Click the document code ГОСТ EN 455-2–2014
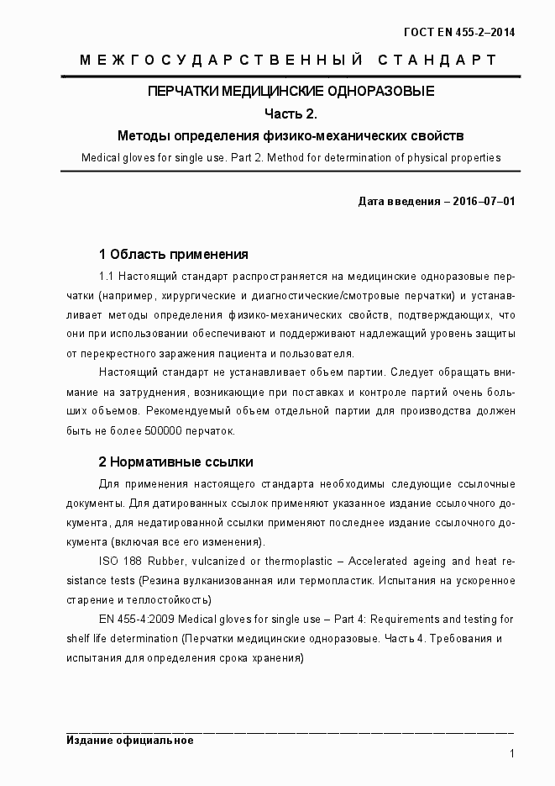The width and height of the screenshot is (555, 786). click(459, 33)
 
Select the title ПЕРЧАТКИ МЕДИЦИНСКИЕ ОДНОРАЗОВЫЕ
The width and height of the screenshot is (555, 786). click(291, 92)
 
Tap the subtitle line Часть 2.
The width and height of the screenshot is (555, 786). click(291, 113)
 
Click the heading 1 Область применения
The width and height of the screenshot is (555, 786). click(174, 254)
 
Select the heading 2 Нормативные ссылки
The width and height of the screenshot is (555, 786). click(175, 462)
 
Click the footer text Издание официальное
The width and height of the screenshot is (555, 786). click(130, 741)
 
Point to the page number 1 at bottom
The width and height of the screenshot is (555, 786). click(511, 754)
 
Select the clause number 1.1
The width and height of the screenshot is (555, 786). click(107, 276)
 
